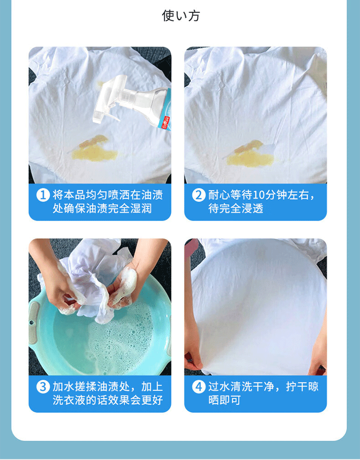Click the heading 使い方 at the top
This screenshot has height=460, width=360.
coord(181,16)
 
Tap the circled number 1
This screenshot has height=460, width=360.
coord(43,195)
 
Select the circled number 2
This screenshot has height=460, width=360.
coord(198,195)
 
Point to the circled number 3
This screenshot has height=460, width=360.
coord(43,387)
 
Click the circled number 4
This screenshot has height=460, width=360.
coord(198,387)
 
